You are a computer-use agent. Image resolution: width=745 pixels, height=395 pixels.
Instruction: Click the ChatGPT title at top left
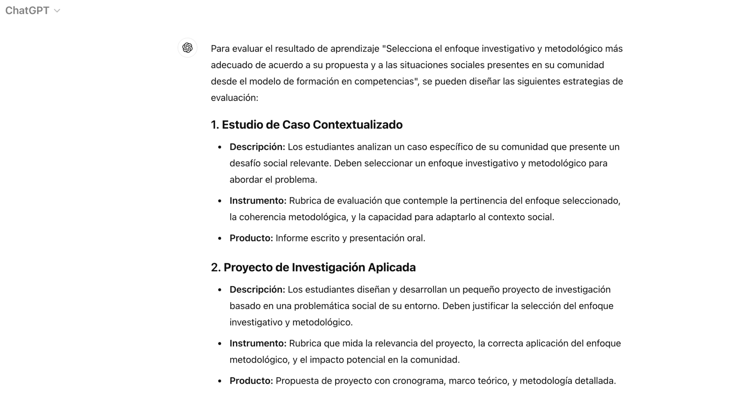tap(27, 11)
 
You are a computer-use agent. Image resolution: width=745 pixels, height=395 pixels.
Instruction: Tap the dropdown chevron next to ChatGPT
tap(57, 11)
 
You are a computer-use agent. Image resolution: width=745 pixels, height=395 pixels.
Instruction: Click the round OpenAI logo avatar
tap(187, 48)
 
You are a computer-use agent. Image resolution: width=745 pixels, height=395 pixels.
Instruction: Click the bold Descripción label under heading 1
tap(257, 147)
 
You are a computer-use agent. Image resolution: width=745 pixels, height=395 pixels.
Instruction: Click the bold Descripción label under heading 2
tap(257, 290)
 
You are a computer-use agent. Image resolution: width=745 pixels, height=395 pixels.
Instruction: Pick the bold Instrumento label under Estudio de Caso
tap(258, 201)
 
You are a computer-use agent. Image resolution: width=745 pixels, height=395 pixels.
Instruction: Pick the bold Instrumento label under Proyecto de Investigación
tap(258, 343)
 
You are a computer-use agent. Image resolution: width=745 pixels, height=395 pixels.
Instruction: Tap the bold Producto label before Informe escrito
tap(251, 238)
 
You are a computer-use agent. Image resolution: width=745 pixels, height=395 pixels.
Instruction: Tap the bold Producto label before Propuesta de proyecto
tap(251, 381)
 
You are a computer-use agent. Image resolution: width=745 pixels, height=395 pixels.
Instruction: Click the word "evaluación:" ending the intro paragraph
tap(234, 98)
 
